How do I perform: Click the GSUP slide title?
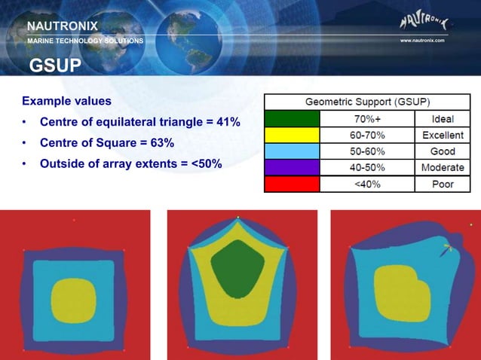(x=55, y=66)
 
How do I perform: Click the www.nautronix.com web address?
(x=422, y=41)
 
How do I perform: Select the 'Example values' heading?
(x=67, y=101)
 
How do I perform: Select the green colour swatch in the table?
(x=292, y=119)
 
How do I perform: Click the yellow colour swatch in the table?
(x=292, y=135)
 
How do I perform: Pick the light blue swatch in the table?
(x=292, y=151)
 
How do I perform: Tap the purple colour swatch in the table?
(x=292, y=167)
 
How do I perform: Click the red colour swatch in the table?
(x=292, y=184)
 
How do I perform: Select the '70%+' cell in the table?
(x=367, y=119)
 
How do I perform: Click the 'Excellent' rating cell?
(x=442, y=135)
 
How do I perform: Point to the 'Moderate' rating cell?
(x=442, y=167)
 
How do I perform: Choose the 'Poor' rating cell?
(x=442, y=184)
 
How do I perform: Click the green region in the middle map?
(x=237, y=267)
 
